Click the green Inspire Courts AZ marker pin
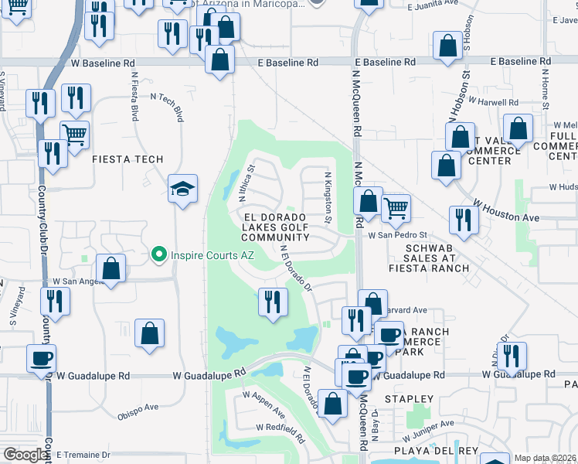tap(159, 253)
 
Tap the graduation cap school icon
tap(183, 189)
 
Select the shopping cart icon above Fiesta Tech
tap(75, 136)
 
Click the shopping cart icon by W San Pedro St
tap(396, 206)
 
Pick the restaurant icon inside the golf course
tap(271, 300)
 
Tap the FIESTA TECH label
tap(127, 159)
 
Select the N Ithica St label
tap(246, 179)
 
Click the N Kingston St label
tap(328, 196)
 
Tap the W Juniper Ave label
tap(427, 426)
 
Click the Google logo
tap(25, 455)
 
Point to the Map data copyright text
tap(546, 458)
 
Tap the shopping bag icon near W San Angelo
tap(111, 270)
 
